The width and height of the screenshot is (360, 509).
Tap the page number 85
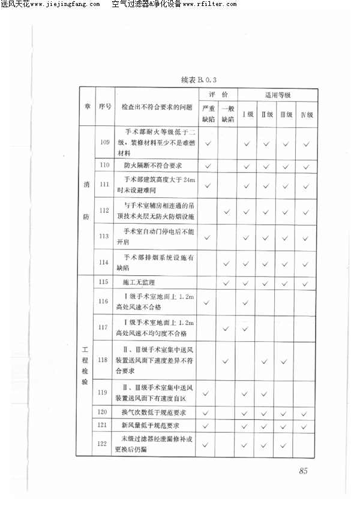pos(302,471)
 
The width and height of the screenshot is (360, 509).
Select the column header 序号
pos(105,107)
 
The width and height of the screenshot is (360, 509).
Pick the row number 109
pos(105,142)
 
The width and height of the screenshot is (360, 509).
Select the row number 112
pos(105,210)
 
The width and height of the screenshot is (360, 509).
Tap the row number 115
pos(105,281)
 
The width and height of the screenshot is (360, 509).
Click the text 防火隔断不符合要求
pos(153,165)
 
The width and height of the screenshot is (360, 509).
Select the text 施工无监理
pos(139,282)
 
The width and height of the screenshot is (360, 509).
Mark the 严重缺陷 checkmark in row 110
pos(208,165)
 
